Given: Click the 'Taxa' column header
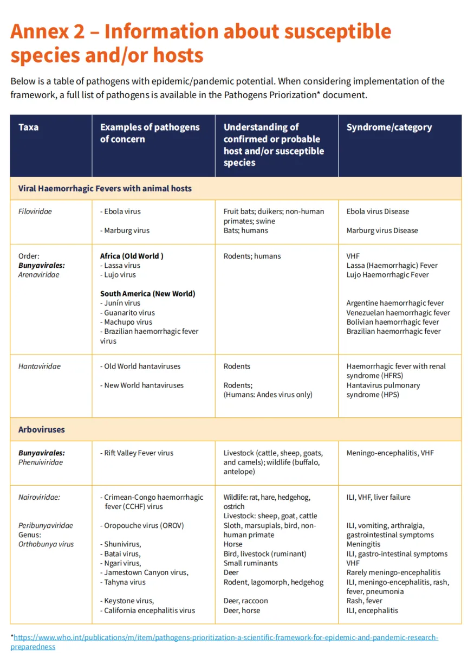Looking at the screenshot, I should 28,127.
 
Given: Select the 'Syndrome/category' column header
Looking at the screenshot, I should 389,127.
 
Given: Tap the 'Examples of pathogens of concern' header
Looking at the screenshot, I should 150,133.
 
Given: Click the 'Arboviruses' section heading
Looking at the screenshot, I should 41,429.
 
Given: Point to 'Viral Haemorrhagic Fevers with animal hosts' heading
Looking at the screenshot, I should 105,189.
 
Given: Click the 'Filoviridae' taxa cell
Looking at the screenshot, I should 35,211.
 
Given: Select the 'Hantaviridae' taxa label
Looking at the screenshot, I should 40,366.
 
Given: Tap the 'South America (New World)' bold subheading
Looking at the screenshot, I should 147,294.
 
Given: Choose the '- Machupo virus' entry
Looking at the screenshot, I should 126,322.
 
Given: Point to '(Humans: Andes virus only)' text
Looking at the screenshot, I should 268,395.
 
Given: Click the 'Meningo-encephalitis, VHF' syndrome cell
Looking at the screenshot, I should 390,453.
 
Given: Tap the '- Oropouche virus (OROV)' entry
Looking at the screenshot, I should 142,525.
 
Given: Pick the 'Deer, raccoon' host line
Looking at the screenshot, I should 245,601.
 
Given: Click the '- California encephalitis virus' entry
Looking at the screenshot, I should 147,610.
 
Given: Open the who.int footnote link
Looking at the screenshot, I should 225,637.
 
